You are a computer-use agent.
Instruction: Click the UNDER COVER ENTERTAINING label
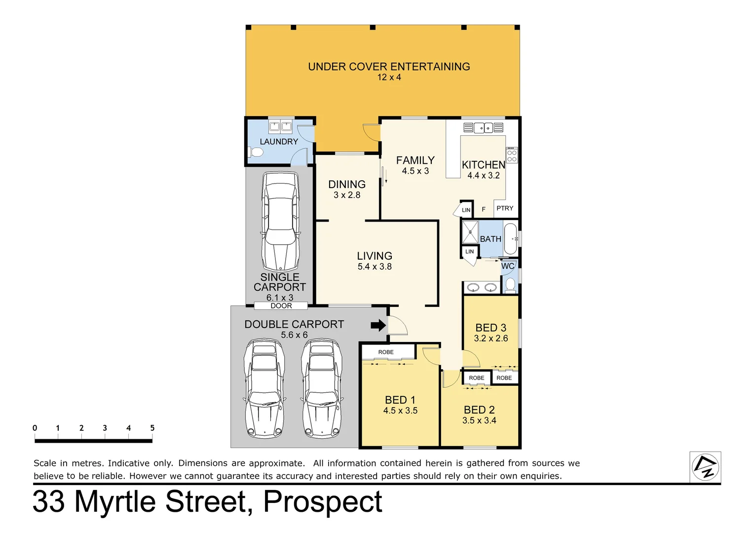tap(389, 67)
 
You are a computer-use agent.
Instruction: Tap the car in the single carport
tap(280, 222)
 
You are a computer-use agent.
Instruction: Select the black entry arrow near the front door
tap(378, 325)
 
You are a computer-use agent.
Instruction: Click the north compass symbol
tap(705, 467)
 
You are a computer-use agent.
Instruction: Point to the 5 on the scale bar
tap(152, 428)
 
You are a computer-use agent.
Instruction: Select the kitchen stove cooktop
tap(512, 155)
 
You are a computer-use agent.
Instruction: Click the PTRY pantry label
tap(505, 208)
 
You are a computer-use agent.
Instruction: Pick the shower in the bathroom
tap(470, 232)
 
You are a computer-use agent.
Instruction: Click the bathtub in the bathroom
tap(510, 239)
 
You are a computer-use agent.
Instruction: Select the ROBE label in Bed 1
tap(386, 352)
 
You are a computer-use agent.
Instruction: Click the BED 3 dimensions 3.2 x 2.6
tap(490, 339)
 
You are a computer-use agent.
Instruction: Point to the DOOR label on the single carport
tap(281, 306)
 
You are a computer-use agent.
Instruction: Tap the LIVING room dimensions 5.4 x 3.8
tap(375, 267)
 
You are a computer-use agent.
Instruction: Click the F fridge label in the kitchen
tap(484, 209)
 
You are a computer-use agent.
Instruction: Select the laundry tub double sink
tap(280, 126)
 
